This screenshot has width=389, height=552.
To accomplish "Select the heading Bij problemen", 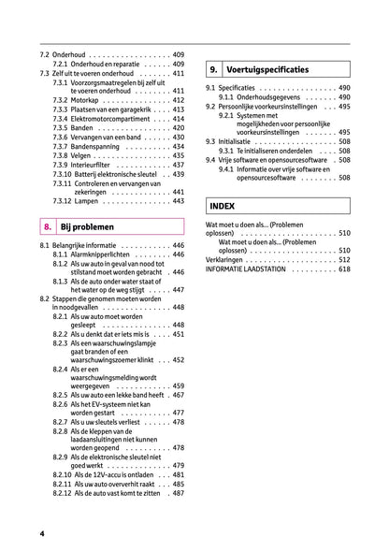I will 87,226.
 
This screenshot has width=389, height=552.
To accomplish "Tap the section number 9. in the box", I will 214,69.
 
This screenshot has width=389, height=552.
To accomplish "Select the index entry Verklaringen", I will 229,259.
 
